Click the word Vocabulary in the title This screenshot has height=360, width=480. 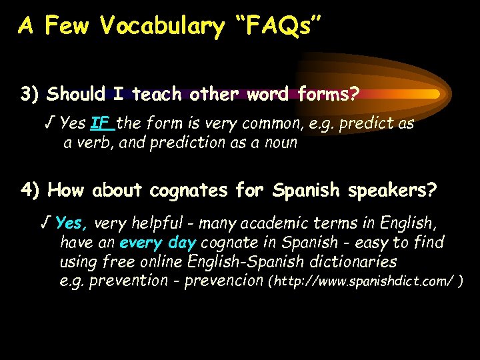162,26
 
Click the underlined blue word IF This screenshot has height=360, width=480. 101,123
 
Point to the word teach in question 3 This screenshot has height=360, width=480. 157,94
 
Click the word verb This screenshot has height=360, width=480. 93,142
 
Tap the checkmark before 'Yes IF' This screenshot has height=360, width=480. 49,123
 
